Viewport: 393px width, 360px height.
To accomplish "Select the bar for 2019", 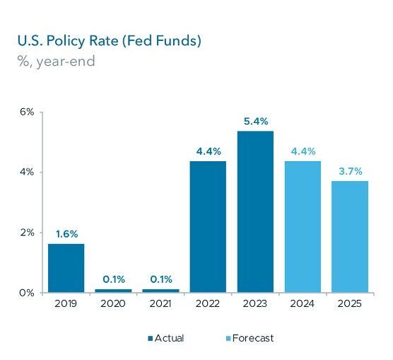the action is pyautogui.click(x=66, y=268).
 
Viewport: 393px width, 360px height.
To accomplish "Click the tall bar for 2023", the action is pyautogui.click(x=255, y=211).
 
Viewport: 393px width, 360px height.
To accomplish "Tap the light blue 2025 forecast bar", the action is pyautogui.click(x=350, y=236).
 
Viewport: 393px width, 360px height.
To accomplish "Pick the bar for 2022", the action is pyautogui.click(x=208, y=227).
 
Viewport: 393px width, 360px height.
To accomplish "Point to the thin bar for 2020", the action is pyautogui.click(x=113, y=291).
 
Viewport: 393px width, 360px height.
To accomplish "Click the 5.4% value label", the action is pyautogui.click(x=256, y=122).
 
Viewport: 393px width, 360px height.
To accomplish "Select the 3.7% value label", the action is pyautogui.click(x=351, y=171).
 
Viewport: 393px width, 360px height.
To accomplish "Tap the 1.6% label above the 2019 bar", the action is pyautogui.click(x=67, y=234).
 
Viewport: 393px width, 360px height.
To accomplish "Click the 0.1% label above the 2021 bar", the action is pyautogui.click(x=161, y=279).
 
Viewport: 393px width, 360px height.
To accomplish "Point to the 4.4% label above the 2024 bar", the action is pyautogui.click(x=303, y=151).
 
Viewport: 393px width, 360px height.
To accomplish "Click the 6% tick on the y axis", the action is pyautogui.click(x=27, y=112).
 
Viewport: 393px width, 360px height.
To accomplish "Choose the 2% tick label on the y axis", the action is pyautogui.click(x=27, y=233).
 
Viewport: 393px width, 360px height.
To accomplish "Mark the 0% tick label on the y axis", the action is pyautogui.click(x=27, y=293).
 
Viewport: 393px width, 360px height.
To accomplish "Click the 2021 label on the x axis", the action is pyautogui.click(x=160, y=304).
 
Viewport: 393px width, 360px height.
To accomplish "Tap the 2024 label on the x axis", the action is pyautogui.click(x=303, y=304).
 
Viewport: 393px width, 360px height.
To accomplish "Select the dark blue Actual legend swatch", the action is pyautogui.click(x=151, y=338).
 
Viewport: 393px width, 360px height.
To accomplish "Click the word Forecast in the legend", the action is pyautogui.click(x=253, y=338).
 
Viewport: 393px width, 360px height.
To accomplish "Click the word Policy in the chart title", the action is pyautogui.click(x=66, y=41).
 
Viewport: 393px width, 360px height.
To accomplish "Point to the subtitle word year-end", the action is pyautogui.click(x=66, y=62).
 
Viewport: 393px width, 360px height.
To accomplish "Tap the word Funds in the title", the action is pyautogui.click(x=178, y=40).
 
